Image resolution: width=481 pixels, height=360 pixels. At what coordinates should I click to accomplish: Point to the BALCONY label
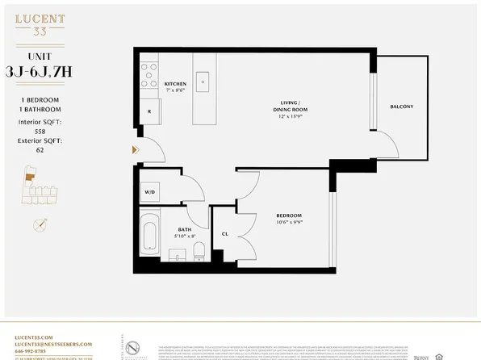(401, 107)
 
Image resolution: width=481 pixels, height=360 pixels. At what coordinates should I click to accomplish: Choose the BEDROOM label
(288, 216)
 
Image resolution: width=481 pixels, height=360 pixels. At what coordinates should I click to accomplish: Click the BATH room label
(185, 230)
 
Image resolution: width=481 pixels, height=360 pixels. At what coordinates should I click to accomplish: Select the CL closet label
(225, 234)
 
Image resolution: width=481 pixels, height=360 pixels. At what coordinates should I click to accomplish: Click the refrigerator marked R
(150, 112)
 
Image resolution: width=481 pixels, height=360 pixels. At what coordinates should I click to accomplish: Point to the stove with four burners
(149, 75)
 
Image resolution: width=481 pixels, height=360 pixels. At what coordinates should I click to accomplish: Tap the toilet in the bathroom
(199, 255)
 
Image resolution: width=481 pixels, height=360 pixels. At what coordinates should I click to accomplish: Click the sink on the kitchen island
(203, 80)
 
